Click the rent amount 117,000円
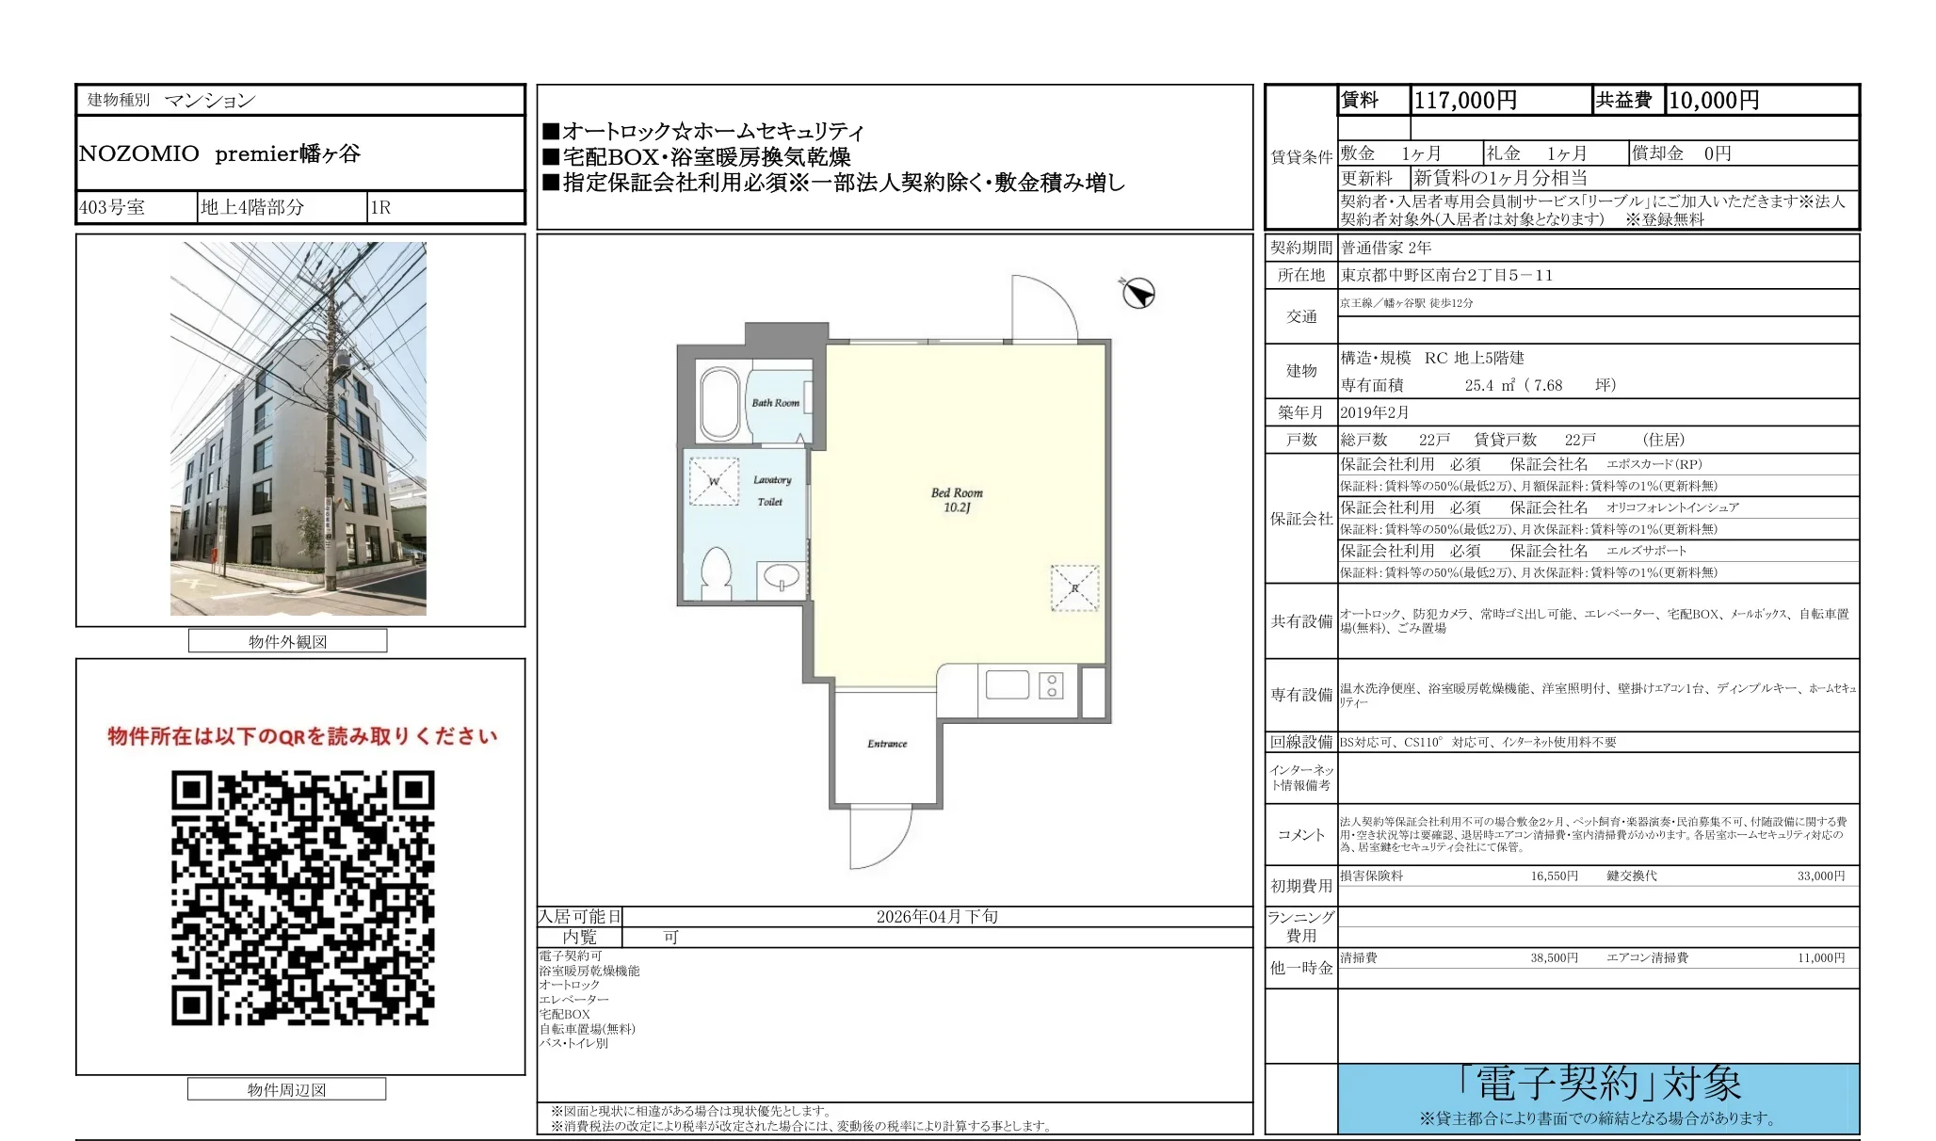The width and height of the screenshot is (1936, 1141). coord(1465,101)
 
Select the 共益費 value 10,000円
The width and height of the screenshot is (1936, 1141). coord(1713,101)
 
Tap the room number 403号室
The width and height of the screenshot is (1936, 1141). coord(112,208)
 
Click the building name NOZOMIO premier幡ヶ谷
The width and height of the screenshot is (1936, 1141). coord(219,154)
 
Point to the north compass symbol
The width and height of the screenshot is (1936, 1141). coord(1137,294)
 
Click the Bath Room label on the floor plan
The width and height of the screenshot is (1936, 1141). coord(775,403)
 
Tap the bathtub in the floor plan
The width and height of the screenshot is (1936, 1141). coord(720,404)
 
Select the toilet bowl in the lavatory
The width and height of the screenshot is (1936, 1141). coord(718,572)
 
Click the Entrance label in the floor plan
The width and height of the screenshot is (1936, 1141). coord(887,744)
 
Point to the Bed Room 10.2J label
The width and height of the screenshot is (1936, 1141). coord(957,500)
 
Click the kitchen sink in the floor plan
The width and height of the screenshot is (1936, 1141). coord(1007,684)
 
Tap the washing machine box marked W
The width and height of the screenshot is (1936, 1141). coord(714,482)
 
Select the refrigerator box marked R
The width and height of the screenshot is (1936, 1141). coord(1074,588)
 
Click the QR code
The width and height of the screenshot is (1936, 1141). coord(302,897)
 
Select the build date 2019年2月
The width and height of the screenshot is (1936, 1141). coord(1375,412)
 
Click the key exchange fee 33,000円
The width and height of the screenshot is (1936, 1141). coord(1821,876)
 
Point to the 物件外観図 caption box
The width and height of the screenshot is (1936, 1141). coord(287,642)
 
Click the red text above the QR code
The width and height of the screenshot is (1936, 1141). coord(302,736)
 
